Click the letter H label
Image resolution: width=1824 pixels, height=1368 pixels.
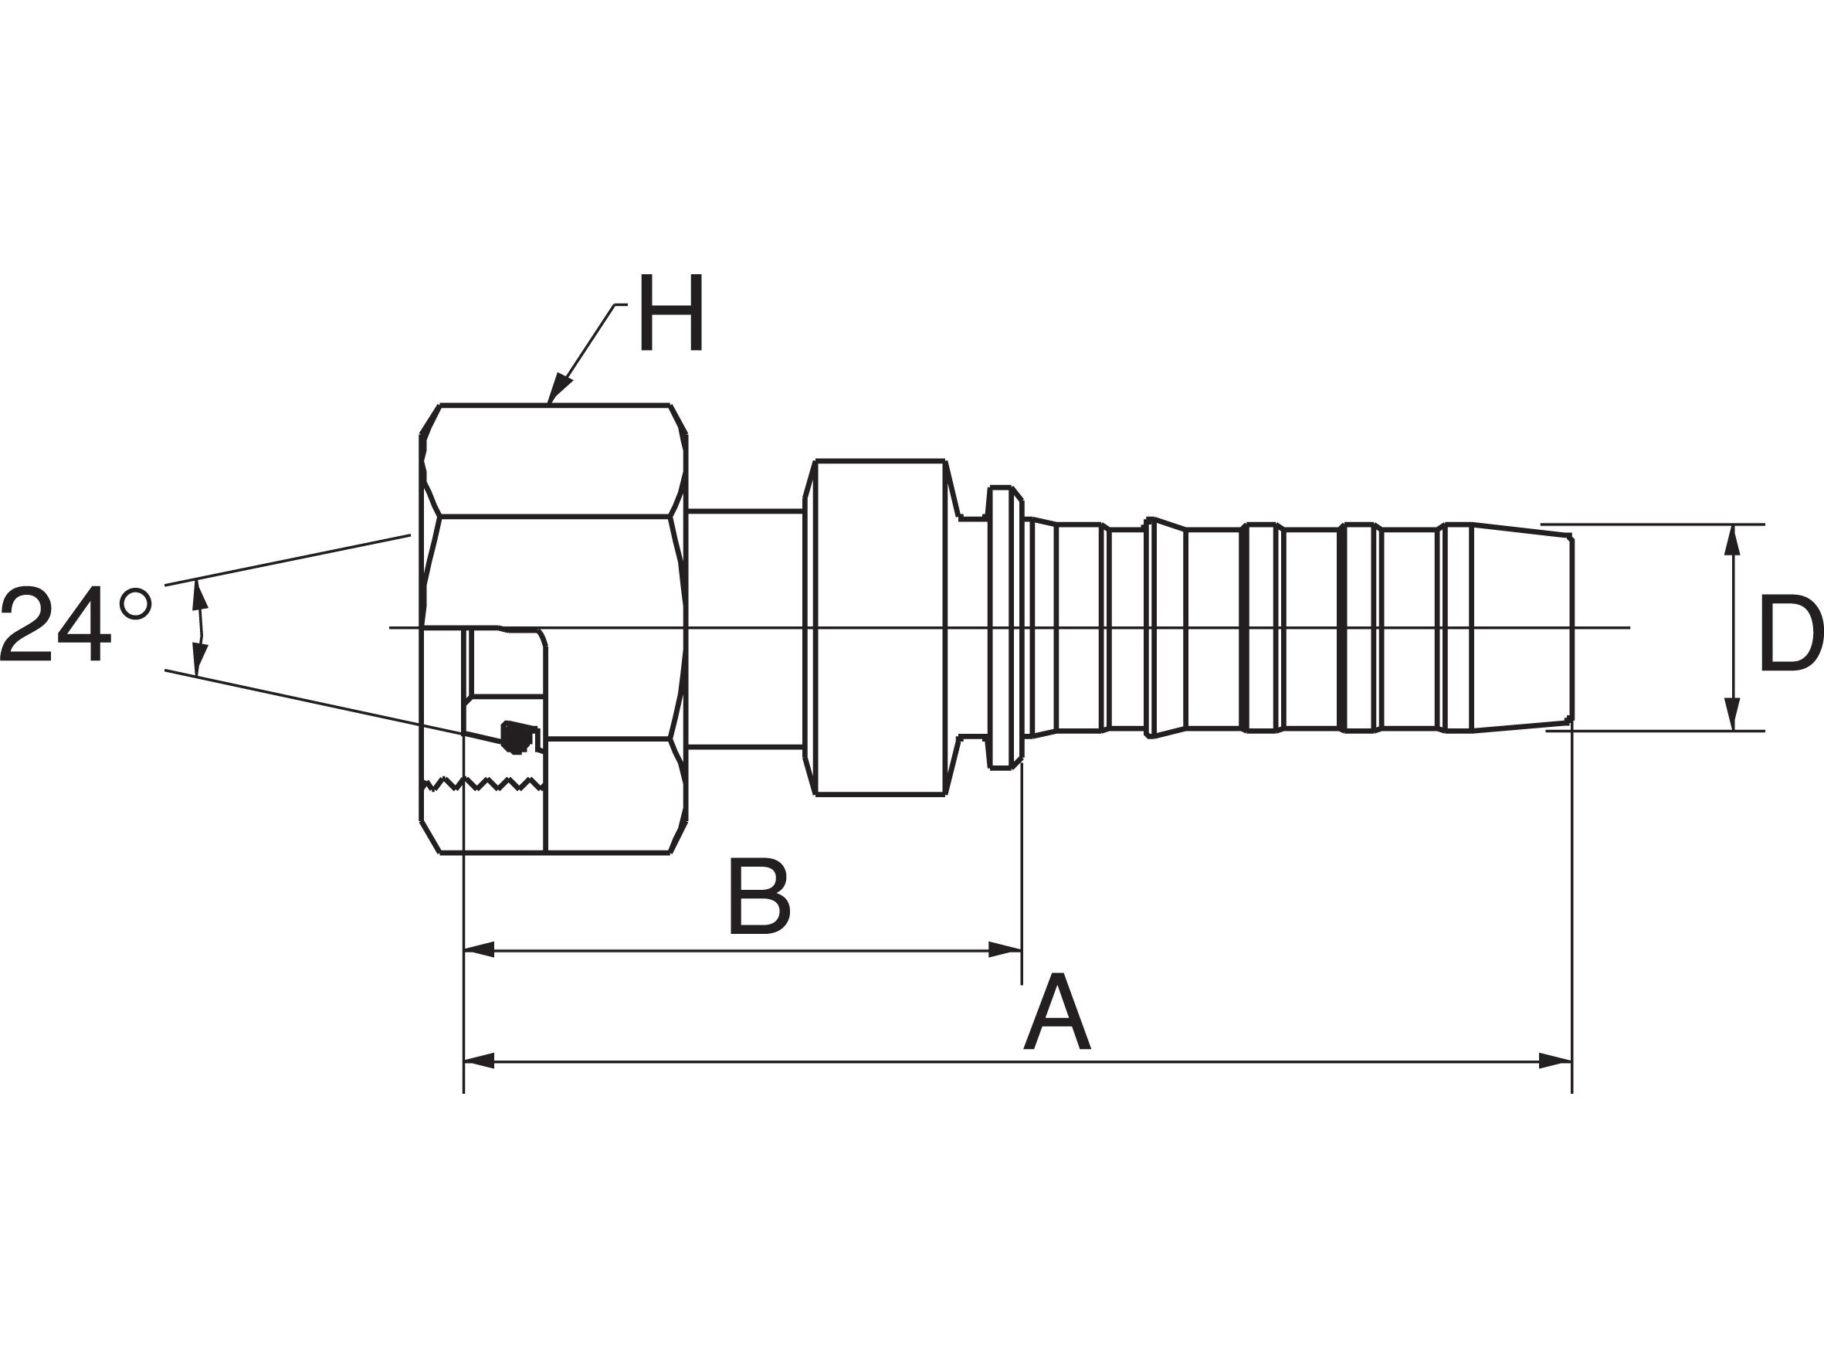click(x=671, y=312)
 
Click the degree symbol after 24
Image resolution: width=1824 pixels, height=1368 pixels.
click(x=135, y=603)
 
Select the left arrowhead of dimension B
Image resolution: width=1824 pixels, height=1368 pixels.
click(x=479, y=950)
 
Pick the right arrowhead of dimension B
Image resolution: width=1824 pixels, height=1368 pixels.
click(x=1005, y=950)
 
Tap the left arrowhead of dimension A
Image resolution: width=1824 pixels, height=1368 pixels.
click(x=479, y=1061)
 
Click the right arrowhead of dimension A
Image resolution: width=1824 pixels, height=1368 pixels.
click(x=1555, y=1061)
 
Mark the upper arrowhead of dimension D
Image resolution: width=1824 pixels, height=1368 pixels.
click(x=1731, y=540)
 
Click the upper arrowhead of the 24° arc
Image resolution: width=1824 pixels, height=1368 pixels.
click(x=199, y=595)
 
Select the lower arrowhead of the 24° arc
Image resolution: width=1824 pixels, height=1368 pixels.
click(x=198, y=660)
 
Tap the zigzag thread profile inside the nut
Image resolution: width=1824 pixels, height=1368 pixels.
click(x=483, y=783)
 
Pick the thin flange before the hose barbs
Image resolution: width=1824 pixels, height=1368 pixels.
click(x=1005, y=627)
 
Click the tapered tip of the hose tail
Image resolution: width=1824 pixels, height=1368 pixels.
click(x=1522, y=627)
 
